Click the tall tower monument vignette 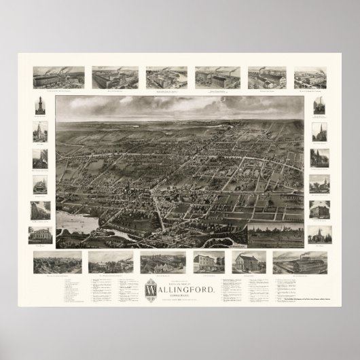coord(40,104)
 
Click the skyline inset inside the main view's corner coord(274,233)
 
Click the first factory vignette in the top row coord(58,77)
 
